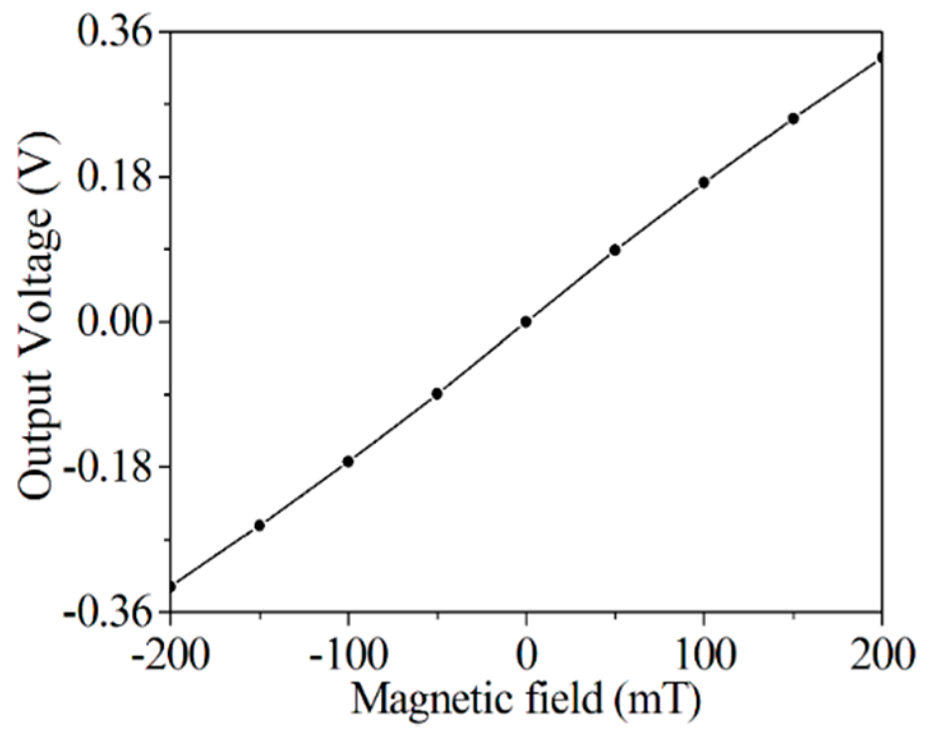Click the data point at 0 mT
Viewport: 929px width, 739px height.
[526, 322]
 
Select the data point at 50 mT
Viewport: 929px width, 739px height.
[615, 250]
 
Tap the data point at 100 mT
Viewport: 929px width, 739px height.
[704, 183]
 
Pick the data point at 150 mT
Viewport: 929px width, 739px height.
[794, 119]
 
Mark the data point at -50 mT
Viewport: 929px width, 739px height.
[437, 393]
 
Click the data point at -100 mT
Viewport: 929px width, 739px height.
[348, 461]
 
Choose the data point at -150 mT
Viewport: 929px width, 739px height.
[259, 526]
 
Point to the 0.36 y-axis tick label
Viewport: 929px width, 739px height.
[118, 32]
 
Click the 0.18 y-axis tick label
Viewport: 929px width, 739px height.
[118, 178]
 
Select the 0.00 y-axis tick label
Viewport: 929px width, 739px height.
[118, 323]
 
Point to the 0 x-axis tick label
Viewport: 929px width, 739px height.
[526, 655]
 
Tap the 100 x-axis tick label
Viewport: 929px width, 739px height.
[703, 655]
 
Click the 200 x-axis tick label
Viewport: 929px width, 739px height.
[882, 655]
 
